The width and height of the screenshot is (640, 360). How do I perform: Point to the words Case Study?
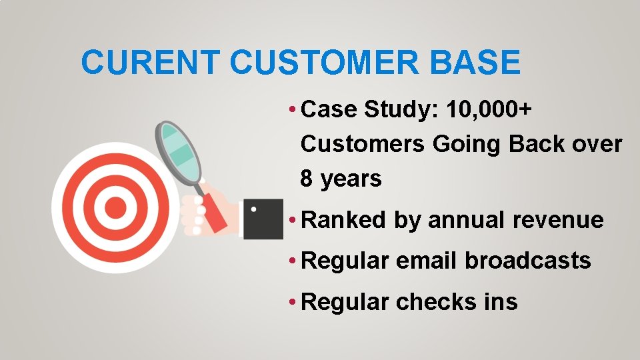point(361,109)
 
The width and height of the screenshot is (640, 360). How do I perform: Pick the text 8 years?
point(341,179)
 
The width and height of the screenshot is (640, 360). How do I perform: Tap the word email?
point(427,261)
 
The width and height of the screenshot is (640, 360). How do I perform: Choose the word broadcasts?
point(528,261)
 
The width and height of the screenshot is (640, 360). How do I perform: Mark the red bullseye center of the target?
point(115,208)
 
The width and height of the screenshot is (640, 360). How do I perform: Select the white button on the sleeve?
point(253,209)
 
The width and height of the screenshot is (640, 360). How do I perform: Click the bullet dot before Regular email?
point(293,261)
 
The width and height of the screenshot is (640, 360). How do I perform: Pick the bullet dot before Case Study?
point(293,110)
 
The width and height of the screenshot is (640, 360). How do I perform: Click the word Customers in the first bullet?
point(363,144)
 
